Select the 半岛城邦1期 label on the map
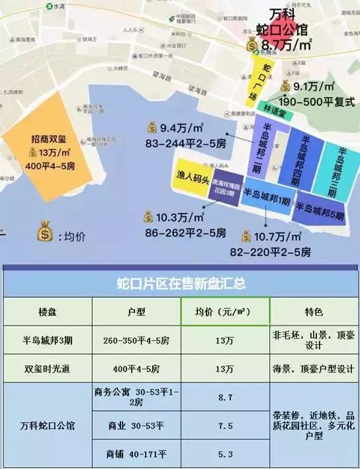[267, 200]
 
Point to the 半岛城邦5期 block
[320, 211]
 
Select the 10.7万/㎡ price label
[278, 237]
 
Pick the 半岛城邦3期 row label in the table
[48, 340]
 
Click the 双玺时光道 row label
[48, 368]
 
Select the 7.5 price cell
[225, 427]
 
